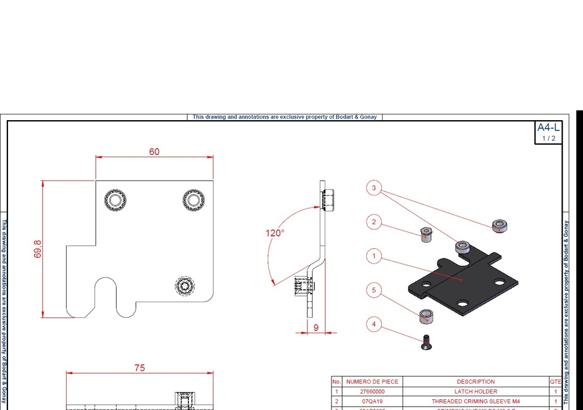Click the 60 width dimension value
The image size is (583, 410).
coord(154,152)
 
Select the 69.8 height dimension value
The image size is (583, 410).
coord(38,249)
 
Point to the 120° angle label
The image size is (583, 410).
coord(274,233)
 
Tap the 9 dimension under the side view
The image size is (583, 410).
coord(316,327)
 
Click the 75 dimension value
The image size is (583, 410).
coord(139,368)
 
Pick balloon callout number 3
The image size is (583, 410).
coord(373,187)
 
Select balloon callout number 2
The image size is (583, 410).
coord(373,222)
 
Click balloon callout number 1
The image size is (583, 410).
coord(373,256)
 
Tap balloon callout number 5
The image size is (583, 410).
coord(373,290)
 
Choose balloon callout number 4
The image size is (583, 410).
coord(373,325)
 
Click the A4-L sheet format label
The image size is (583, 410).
coord(548,128)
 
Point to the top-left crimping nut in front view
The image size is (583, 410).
coord(116,200)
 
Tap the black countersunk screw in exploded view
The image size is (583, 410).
coord(426,342)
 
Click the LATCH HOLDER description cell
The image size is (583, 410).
coord(475,392)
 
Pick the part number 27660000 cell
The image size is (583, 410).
coord(372,392)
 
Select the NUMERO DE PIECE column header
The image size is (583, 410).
coord(372,382)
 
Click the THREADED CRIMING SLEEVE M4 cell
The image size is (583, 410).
coord(475,401)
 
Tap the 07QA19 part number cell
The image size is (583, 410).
coord(372,401)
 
